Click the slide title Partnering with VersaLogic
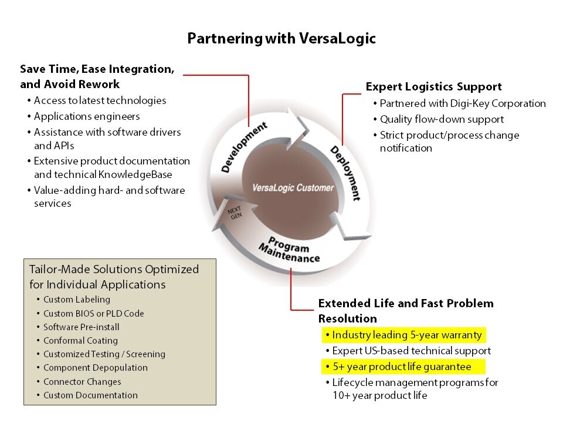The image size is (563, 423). point(281,39)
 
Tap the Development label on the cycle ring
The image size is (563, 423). point(244,147)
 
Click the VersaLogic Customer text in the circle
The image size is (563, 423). point(293,188)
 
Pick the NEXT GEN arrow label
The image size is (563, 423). point(235,212)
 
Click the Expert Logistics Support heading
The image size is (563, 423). point(433,87)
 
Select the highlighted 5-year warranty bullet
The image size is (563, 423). point(406,335)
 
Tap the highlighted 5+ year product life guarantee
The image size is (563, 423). point(401,367)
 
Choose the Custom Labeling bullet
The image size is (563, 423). point(76,300)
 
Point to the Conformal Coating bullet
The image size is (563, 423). point(80,341)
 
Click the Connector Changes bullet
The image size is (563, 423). point(82,382)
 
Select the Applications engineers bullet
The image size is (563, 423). point(86,116)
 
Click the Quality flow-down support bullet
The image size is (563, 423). point(442,119)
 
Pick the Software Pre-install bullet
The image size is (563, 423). point(81,327)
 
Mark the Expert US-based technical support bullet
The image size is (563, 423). point(411,351)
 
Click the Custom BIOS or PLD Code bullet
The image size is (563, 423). point(93,314)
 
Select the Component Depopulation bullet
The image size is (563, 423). point(95,368)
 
